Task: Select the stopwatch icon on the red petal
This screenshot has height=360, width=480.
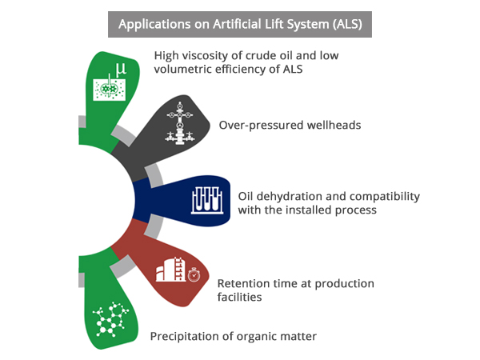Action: click(194, 274)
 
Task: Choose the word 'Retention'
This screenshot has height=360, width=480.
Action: click(244, 283)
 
